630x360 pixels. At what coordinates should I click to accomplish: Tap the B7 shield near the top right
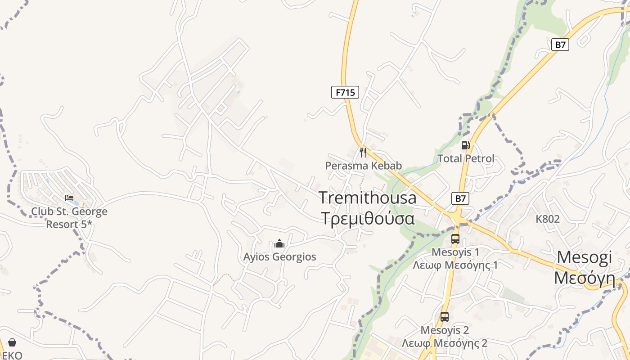560,45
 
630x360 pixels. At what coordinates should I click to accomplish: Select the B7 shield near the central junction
460,198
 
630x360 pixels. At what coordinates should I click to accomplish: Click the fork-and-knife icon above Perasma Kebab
363,152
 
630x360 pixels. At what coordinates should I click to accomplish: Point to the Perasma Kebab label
363,166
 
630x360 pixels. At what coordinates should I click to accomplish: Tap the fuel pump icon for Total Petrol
465,145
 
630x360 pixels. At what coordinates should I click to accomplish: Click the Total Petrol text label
466,158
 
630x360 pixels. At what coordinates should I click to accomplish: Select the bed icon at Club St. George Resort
69,198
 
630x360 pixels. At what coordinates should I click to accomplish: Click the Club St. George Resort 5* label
69,217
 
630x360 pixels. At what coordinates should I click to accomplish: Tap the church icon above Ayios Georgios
279,244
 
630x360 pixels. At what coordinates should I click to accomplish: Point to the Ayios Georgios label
279,257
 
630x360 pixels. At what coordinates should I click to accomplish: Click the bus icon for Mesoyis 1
455,238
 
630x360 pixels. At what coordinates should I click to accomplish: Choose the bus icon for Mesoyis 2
445,317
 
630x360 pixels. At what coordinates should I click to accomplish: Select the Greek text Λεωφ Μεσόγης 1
455,265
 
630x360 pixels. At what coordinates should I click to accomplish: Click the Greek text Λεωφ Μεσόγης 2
445,343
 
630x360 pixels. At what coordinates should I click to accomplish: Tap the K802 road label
548,219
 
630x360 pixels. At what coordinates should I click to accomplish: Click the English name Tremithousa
367,198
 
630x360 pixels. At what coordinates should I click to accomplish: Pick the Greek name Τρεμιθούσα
367,218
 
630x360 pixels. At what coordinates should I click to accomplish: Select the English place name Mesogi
584,257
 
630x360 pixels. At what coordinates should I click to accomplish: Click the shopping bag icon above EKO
12,343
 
